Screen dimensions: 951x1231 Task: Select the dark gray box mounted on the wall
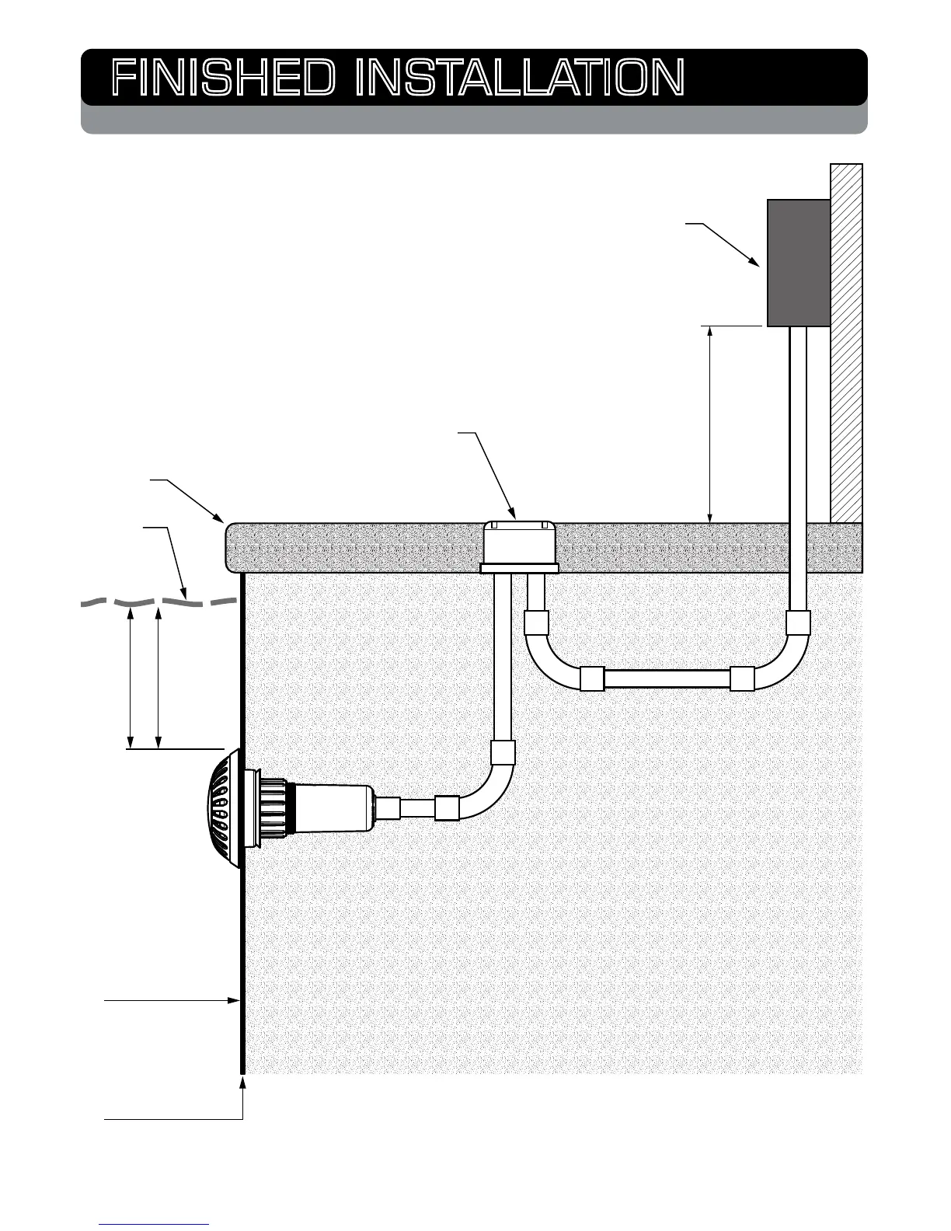[798, 263]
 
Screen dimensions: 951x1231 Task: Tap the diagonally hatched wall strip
[846, 342]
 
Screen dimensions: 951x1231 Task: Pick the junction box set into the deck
[519, 546]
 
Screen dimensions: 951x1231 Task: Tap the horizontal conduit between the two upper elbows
[667, 679]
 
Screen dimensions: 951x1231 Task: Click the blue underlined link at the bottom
[154, 1223]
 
